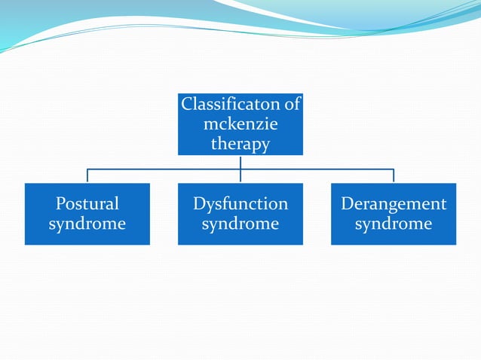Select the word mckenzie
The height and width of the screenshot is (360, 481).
(x=240, y=124)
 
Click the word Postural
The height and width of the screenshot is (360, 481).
(x=87, y=203)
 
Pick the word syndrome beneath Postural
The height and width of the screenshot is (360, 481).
(x=87, y=224)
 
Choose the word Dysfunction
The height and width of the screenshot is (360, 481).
(x=240, y=203)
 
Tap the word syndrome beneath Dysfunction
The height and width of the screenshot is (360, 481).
(x=240, y=224)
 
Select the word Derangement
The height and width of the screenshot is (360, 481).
(x=394, y=203)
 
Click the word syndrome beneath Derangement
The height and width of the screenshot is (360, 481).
(x=394, y=224)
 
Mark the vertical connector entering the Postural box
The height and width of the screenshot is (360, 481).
(x=87, y=176)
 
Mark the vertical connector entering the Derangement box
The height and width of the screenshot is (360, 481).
(x=394, y=176)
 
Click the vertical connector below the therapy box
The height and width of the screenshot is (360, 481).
(x=240, y=162)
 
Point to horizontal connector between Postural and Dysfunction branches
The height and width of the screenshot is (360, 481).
(x=164, y=169)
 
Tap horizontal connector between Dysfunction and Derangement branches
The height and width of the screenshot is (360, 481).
(x=317, y=169)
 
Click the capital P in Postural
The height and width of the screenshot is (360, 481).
(x=61, y=203)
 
